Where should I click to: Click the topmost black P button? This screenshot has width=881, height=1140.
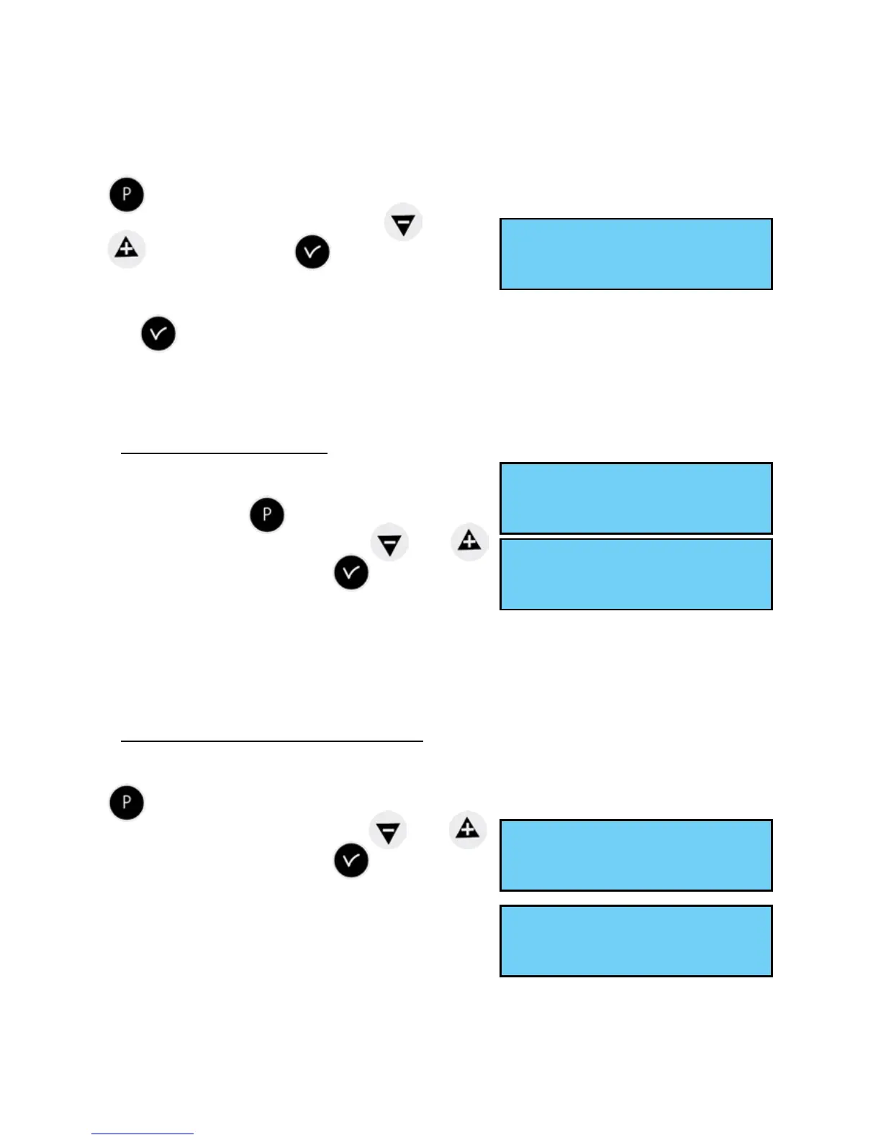[127, 195]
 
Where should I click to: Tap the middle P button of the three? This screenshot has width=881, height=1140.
[267, 515]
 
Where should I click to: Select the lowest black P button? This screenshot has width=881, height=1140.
[127, 802]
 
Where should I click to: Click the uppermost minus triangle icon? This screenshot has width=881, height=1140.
[403, 223]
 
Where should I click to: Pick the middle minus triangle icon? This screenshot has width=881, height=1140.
[389, 543]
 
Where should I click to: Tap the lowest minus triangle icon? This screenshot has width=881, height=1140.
[388, 831]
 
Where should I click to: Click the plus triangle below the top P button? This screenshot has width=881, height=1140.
[127, 249]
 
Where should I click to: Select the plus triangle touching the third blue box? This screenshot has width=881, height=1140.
[469, 541]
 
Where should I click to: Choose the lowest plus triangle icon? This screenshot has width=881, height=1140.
[468, 829]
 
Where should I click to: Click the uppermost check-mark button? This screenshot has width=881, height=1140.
[312, 252]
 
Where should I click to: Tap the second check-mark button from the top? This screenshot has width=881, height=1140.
[158, 334]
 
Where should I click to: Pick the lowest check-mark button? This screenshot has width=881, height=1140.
[351, 861]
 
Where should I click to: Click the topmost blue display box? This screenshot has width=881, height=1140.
[636, 254]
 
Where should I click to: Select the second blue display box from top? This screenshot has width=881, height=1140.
[636, 498]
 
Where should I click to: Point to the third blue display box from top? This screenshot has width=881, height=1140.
[636, 574]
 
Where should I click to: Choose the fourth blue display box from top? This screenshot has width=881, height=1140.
[636, 855]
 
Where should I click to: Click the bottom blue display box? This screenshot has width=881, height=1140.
[636, 941]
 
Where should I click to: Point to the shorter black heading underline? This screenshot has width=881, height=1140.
[224, 453]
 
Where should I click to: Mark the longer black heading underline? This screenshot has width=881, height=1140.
[271, 741]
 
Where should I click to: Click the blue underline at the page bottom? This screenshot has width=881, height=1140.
[143, 1134]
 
